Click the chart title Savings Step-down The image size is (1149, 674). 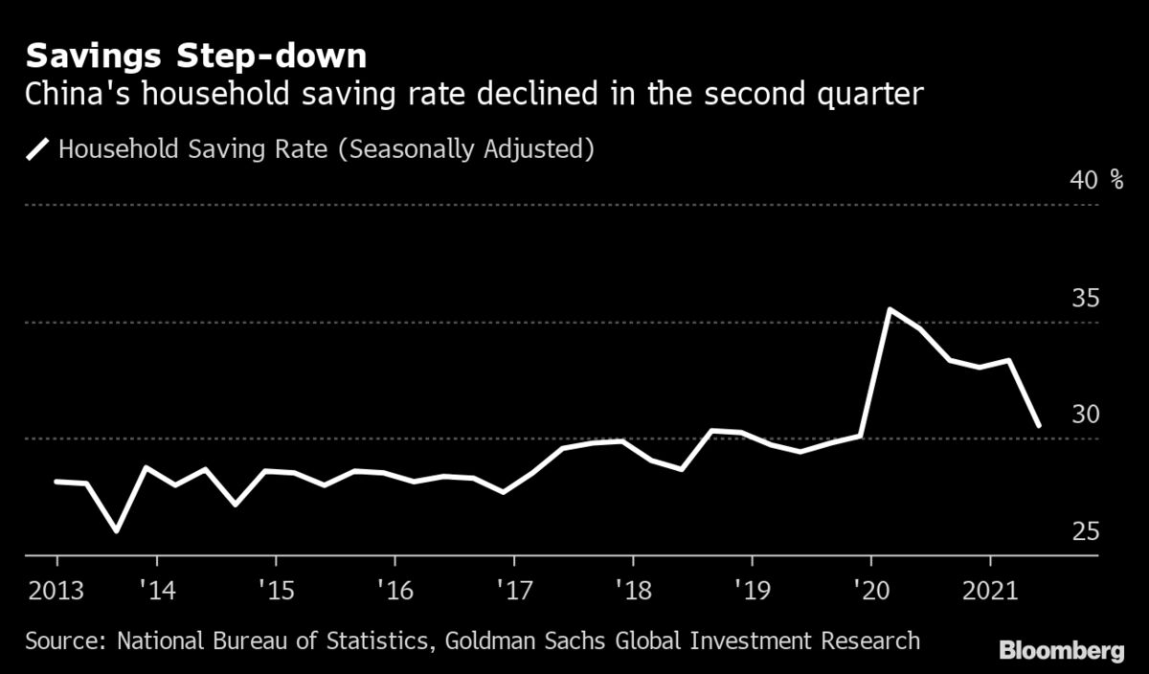195,56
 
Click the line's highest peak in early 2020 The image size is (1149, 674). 890,309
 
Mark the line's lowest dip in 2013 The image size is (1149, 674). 117,530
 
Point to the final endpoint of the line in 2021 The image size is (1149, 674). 1039,425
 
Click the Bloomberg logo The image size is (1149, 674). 1061,651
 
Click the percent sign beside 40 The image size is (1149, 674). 1117,180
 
